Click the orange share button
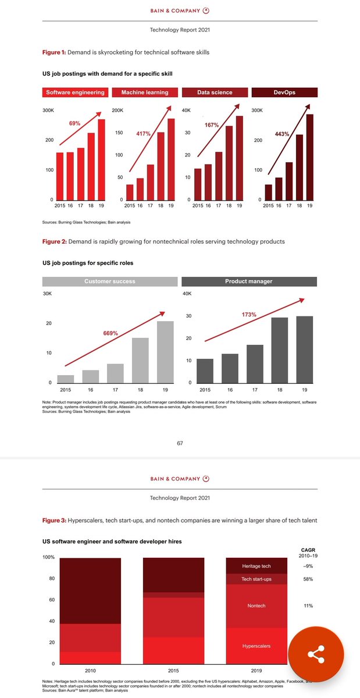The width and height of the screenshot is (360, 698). coord(316,655)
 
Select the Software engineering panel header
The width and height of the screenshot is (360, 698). coord(76,92)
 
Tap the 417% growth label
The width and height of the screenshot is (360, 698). coord(143,134)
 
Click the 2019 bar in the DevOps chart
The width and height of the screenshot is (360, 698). coord(310,157)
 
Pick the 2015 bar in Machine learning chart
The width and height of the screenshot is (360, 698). coord(130,193)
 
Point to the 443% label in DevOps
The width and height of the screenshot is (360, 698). coord(282,134)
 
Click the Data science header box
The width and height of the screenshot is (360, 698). coord(215,92)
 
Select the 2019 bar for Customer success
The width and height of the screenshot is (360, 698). coord(165,352)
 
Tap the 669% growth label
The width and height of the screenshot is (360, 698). coord(111,333)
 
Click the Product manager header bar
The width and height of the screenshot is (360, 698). coord(249,282)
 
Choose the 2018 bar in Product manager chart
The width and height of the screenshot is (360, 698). coord(279,350)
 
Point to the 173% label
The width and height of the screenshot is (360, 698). coord(249,315)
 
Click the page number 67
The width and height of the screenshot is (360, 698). coord(180,443)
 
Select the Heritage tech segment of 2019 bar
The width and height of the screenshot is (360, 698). coord(256,566)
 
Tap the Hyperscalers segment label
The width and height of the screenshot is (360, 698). coord(256,646)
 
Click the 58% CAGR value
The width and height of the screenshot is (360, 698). coord(308,579)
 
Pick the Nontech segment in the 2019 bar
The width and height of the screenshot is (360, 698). coord(256,606)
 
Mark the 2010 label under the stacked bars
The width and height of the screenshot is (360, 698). coord(90,670)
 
